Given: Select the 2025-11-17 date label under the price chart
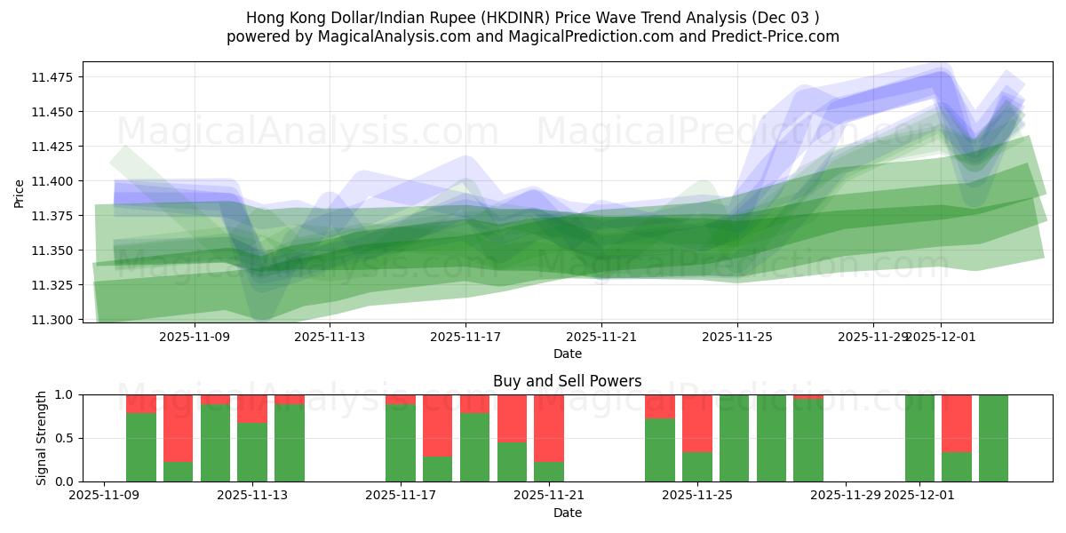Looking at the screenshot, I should click(465, 337).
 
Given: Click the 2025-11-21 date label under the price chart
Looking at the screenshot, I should click(601, 337).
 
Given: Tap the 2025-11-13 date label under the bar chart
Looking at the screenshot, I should click(253, 495).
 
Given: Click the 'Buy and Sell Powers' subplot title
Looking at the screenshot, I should click(567, 381).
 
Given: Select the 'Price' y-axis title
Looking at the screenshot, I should click(20, 193).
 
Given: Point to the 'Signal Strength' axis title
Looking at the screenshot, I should click(41, 438).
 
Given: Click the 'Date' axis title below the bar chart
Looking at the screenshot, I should click(567, 513).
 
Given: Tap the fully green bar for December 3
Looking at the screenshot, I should click(993, 438).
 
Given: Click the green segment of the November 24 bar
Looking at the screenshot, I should click(660, 449).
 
